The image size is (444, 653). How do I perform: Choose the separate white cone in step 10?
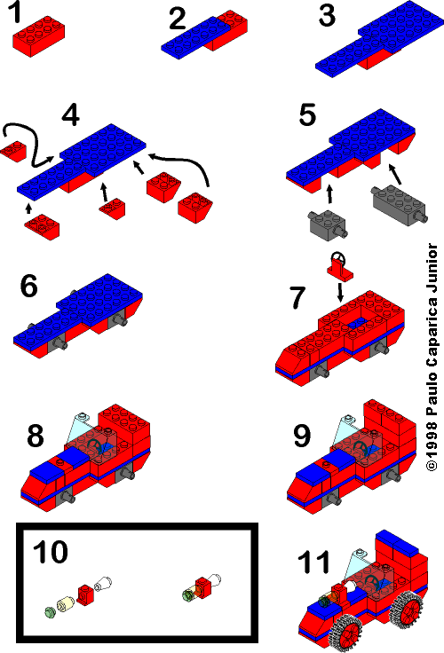coord(105,583)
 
